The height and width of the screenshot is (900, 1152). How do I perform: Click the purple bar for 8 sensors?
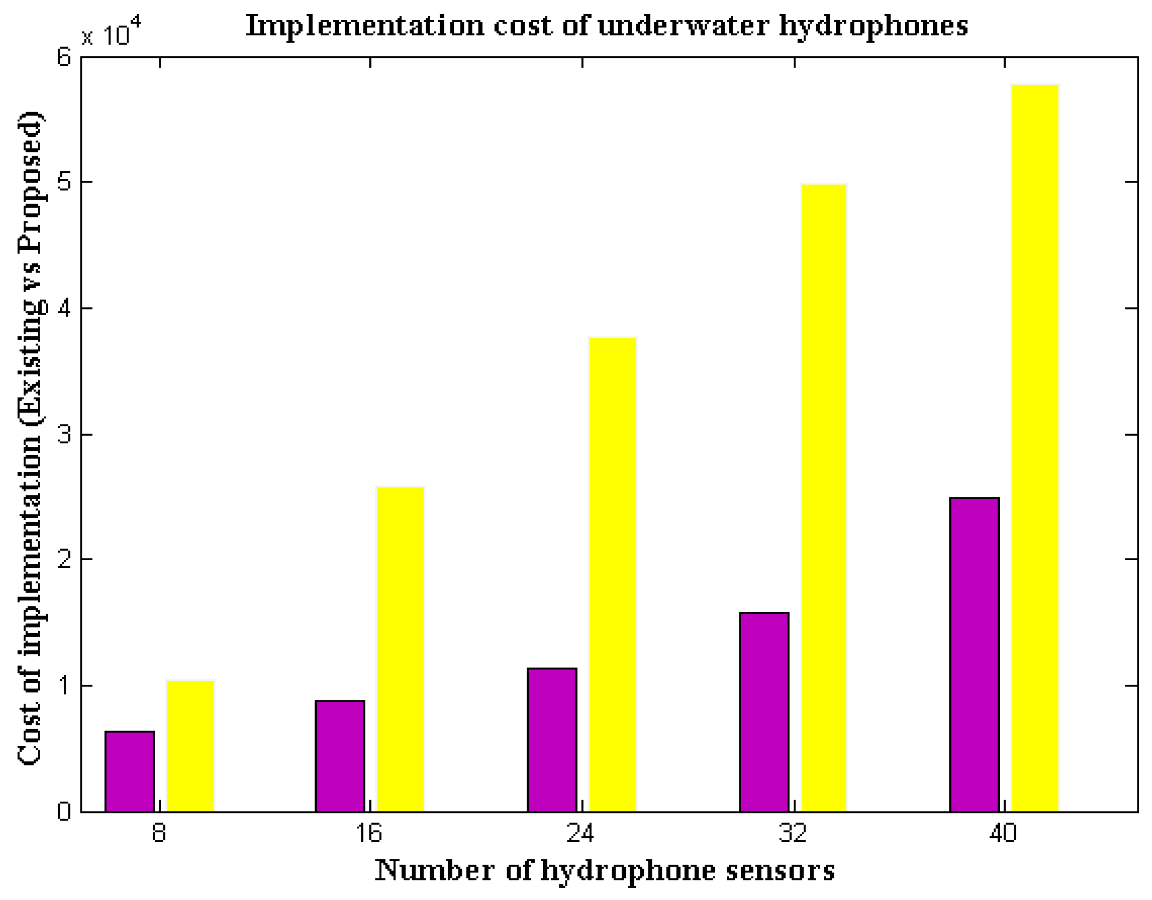[x=130, y=771]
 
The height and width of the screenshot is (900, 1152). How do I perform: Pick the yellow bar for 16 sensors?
[x=400, y=649]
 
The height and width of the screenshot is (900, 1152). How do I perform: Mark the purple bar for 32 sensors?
[x=764, y=712]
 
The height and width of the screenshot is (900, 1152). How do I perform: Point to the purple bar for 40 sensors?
[x=974, y=654]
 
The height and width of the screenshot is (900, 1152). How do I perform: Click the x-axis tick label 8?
[x=159, y=833]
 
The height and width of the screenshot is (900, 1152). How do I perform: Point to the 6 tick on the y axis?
[x=64, y=57]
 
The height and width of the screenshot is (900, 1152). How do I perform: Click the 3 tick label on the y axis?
[x=64, y=434]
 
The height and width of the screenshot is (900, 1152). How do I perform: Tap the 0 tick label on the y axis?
[x=64, y=812]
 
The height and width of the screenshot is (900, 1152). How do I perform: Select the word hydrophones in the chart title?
[x=874, y=26]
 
